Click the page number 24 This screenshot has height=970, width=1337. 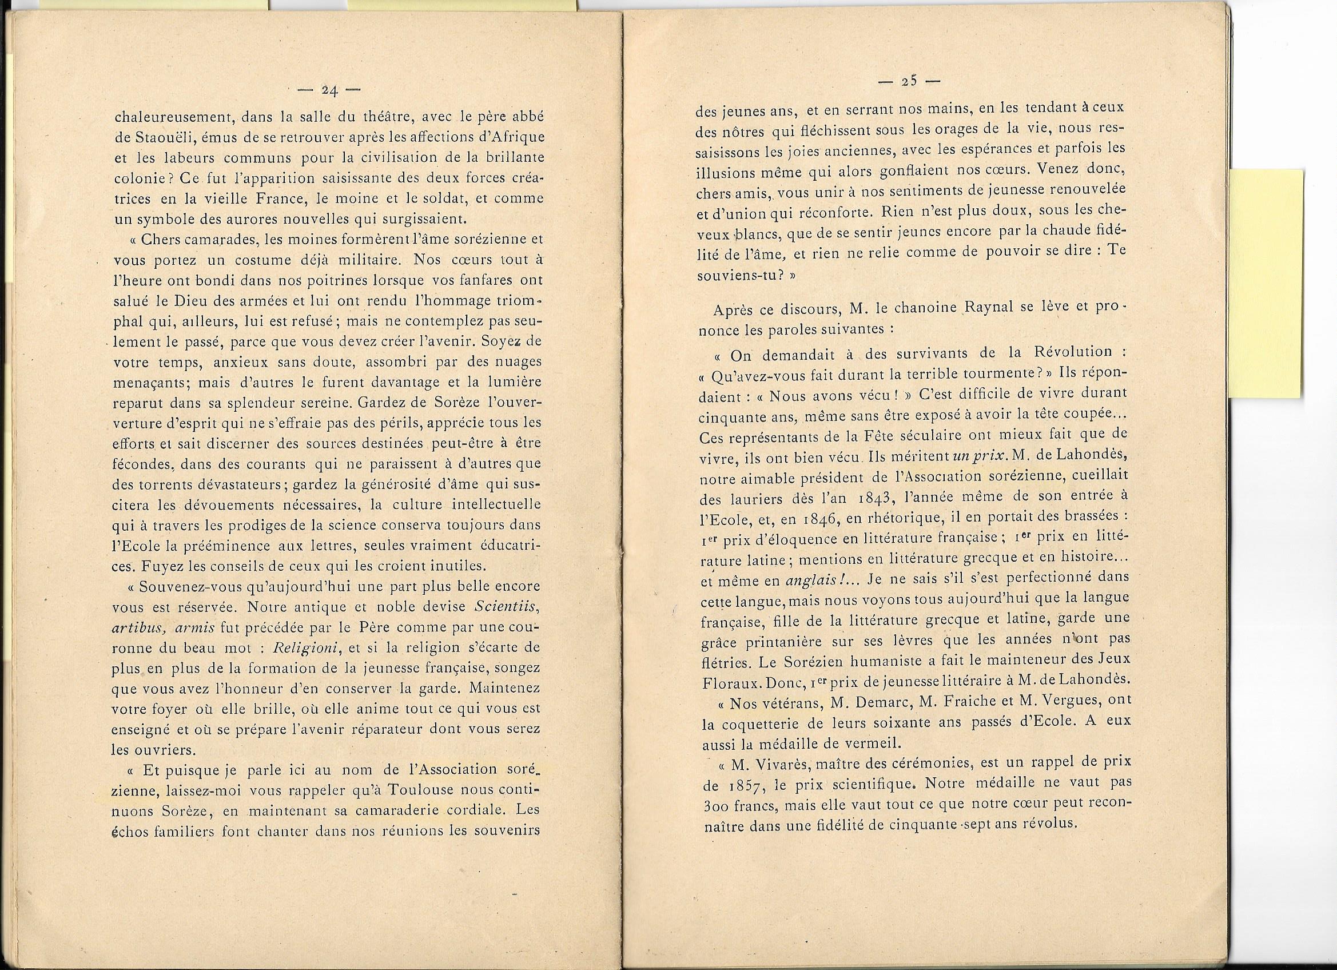pyautogui.click(x=328, y=90)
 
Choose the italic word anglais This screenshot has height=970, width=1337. pyautogui.click(x=809, y=581)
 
